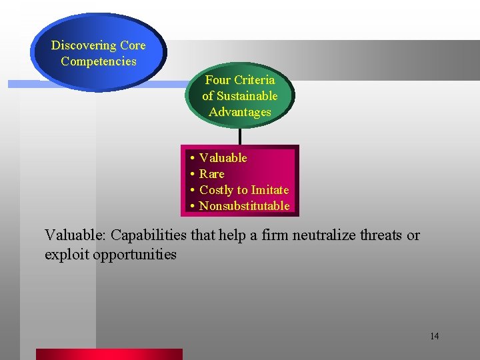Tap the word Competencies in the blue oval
[98, 61]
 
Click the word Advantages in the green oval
[240, 112]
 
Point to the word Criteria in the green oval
[253, 80]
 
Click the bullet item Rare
[212, 174]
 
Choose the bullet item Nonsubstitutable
[244, 206]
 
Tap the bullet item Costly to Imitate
[244, 190]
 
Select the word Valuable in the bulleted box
[223, 158]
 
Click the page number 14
[434, 336]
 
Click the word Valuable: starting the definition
[75, 235]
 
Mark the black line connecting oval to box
[239, 135]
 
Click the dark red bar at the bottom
[109, 354]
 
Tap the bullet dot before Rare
[191, 175]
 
